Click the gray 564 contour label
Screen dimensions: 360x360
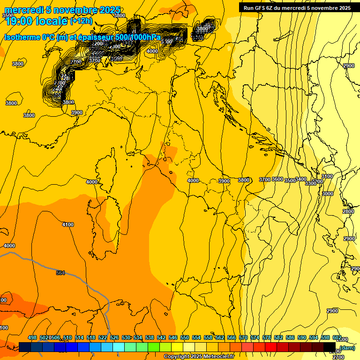tap(60, 273)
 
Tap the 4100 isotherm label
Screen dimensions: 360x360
tap(68, 225)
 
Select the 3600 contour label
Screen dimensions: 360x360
tap(277, 179)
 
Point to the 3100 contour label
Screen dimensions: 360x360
tap(327, 176)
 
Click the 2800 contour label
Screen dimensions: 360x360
tap(348, 211)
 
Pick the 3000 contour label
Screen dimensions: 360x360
tap(328, 193)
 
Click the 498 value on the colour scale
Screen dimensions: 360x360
tap(32, 337)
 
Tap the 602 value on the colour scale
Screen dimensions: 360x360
tap(337, 337)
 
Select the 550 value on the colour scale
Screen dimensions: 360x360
tap(185, 337)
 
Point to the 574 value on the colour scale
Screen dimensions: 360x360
tap(255, 337)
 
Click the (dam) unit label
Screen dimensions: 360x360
tap(347, 347)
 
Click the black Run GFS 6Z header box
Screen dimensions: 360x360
tap(297, 7)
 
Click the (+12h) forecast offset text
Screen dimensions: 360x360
tap(82, 21)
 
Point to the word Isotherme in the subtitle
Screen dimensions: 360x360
tap(22, 37)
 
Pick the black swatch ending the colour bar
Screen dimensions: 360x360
tap(330, 347)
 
